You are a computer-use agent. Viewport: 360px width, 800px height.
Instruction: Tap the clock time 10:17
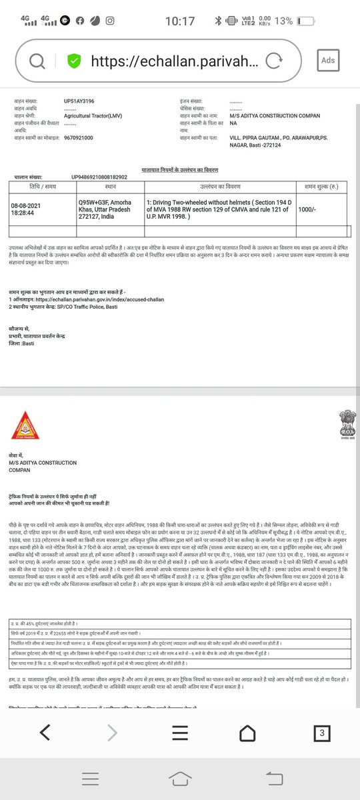180,21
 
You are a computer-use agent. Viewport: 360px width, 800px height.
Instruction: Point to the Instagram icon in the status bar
108,21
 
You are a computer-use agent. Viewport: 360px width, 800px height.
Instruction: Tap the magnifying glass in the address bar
37,61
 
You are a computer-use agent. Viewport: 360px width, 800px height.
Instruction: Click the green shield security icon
74,61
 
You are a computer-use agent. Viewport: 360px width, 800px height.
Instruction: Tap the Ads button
327,60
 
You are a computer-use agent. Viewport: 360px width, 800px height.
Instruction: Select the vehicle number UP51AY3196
79,101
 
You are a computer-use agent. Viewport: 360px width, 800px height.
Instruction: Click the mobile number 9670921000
79,137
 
